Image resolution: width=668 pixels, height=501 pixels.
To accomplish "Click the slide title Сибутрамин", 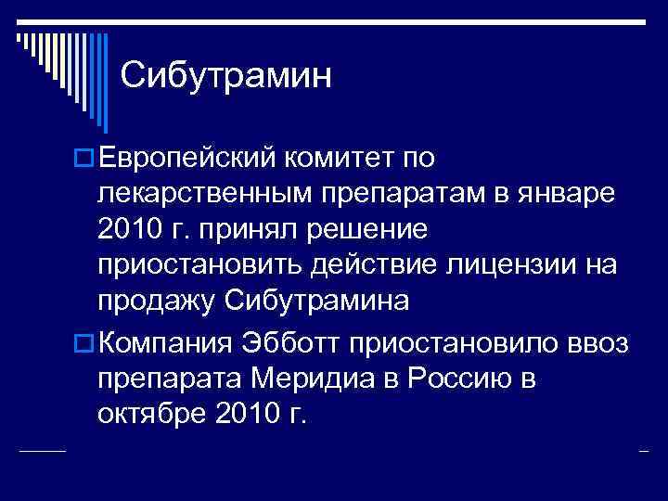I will pyautogui.click(x=225, y=75).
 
